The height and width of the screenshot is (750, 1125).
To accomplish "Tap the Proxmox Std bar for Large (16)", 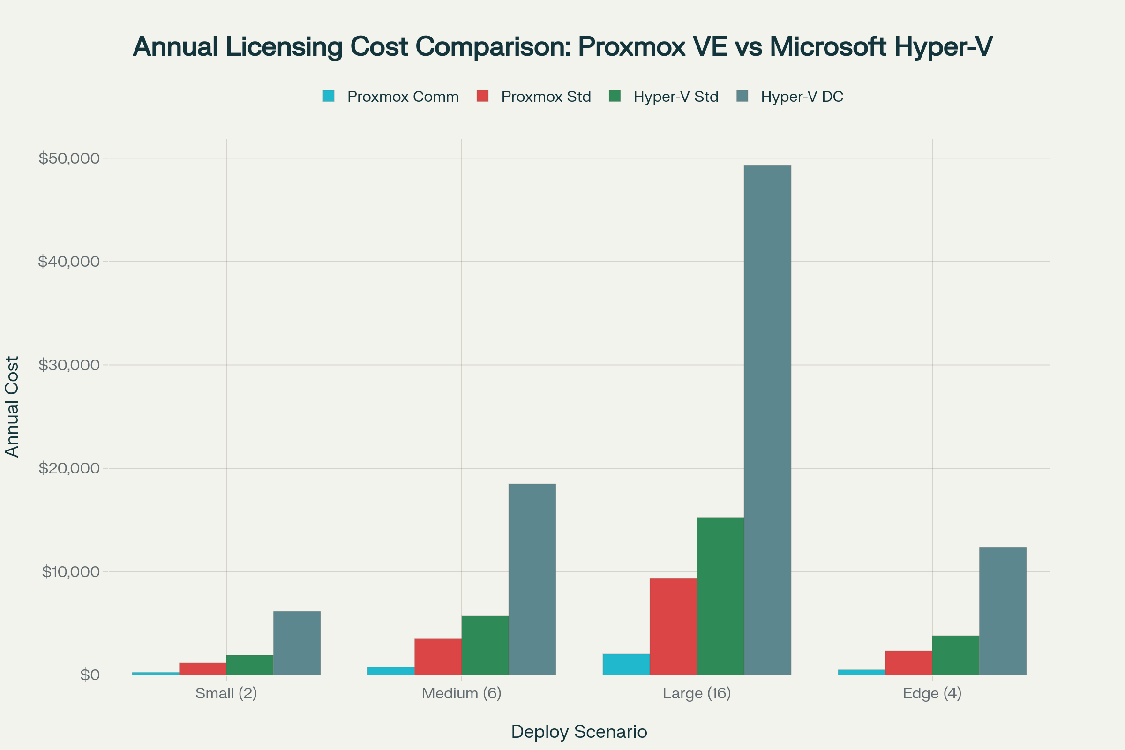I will click(x=673, y=627).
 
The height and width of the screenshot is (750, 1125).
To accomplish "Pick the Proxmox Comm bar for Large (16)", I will click(x=626, y=664).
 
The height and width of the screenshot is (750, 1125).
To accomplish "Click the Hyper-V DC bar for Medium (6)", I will click(x=532, y=579).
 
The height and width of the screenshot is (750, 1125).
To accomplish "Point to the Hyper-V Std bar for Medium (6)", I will click(x=485, y=645).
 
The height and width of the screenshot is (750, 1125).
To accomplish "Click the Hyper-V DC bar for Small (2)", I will click(x=297, y=643).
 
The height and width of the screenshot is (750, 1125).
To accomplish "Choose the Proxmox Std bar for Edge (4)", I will click(x=908, y=663).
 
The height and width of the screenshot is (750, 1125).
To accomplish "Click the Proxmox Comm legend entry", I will click(x=402, y=97).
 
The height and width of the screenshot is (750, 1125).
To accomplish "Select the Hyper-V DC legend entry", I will click(x=802, y=97).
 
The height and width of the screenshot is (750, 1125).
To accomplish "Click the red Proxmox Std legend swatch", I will click(x=483, y=96).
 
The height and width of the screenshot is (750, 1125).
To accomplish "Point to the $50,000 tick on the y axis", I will click(x=69, y=158).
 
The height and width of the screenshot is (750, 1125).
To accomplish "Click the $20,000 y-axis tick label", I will click(x=69, y=468).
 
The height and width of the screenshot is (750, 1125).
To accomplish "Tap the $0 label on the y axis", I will click(x=90, y=675).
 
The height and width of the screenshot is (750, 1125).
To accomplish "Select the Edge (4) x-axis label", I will click(x=932, y=693).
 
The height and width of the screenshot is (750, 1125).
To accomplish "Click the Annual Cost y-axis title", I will click(x=11, y=406).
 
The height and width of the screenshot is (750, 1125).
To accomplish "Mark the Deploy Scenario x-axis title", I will click(x=579, y=732).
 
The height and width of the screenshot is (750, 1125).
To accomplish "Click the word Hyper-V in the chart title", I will click(x=942, y=47).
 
